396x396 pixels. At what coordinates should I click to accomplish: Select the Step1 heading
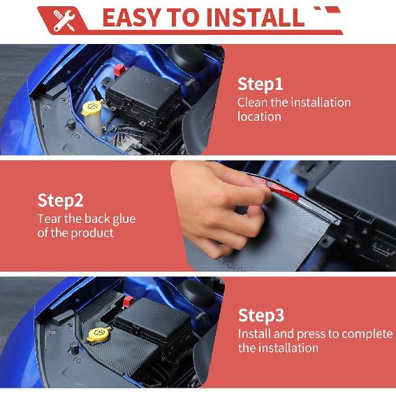click(x=261, y=85)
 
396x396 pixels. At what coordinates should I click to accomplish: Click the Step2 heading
click(x=60, y=201)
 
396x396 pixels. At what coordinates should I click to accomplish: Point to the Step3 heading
click(x=261, y=315)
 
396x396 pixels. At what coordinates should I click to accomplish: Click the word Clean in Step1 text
click(x=253, y=103)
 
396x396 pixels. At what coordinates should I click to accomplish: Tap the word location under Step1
click(x=259, y=117)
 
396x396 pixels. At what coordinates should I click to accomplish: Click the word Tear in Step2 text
click(x=50, y=219)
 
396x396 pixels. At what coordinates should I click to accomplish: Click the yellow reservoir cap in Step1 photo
click(x=91, y=108)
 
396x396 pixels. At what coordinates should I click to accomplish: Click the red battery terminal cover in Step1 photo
click(x=119, y=71)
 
